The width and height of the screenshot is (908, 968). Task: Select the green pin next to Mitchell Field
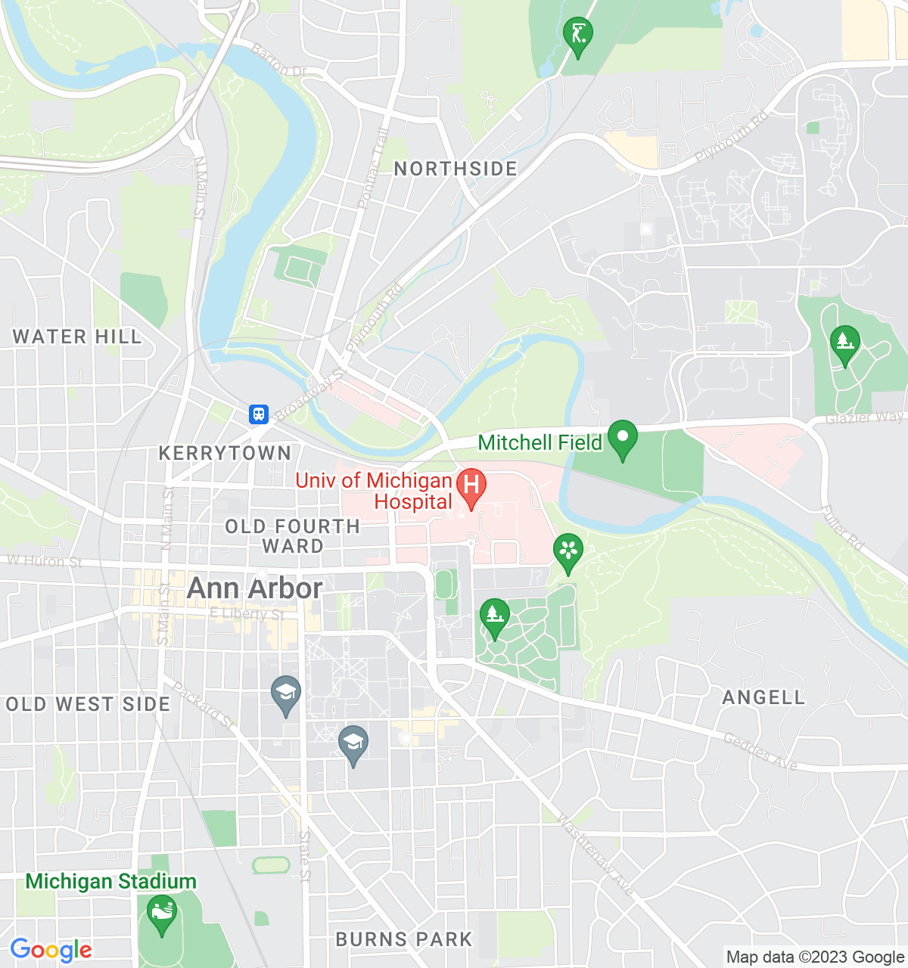click(623, 439)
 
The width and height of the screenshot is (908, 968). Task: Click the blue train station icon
click(259, 414)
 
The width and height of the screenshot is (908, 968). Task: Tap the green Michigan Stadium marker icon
click(161, 913)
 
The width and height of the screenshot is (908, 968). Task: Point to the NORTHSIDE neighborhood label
click(456, 169)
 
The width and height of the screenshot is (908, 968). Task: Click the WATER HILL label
click(77, 337)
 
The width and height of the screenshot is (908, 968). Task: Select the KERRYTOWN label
click(225, 453)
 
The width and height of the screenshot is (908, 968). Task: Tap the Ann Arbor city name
click(255, 588)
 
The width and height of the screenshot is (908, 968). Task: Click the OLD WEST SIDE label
click(88, 704)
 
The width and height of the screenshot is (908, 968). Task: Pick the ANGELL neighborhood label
click(763, 697)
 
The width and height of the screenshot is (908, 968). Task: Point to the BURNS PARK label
click(404, 939)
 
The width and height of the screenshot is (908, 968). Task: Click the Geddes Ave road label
click(760, 752)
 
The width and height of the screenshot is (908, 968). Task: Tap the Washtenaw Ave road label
click(596, 855)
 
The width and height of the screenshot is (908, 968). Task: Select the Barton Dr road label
click(278, 61)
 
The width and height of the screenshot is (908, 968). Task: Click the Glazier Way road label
click(865, 417)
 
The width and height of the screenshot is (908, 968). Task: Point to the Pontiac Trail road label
click(373, 169)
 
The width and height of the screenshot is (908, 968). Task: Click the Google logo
click(51, 950)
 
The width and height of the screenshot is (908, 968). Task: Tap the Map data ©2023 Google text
click(815, 957)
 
